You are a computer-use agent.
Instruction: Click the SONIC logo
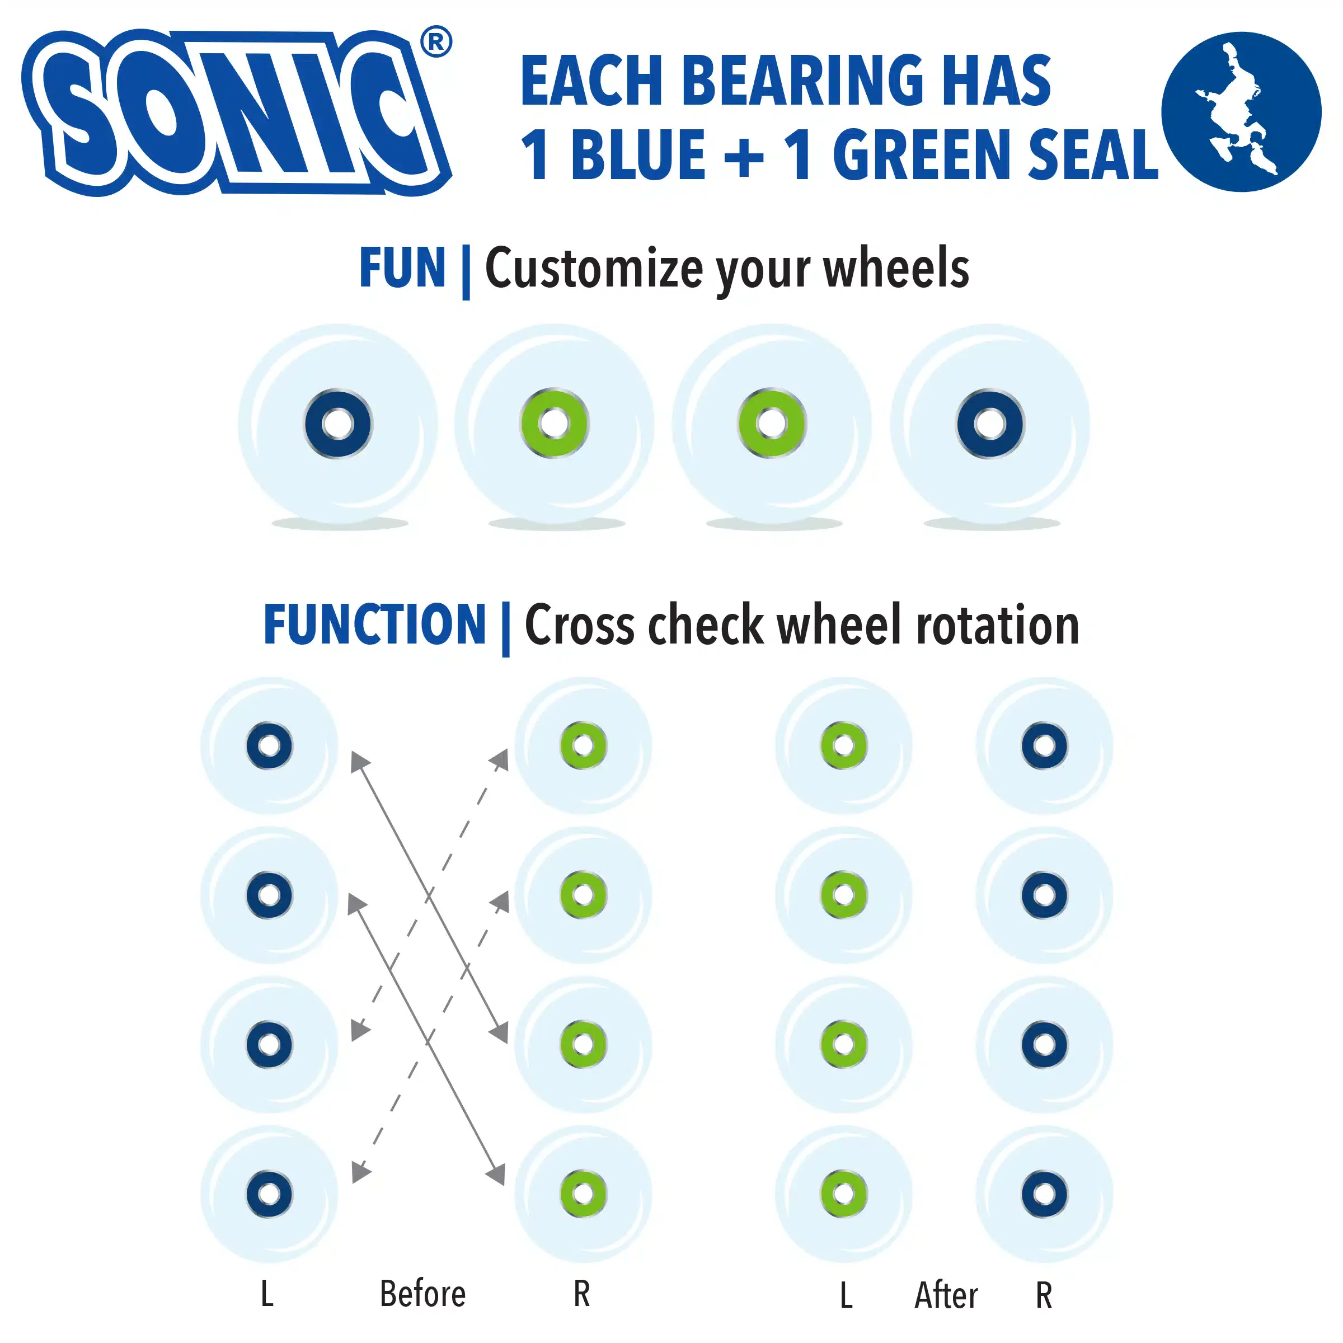tap(236, 112)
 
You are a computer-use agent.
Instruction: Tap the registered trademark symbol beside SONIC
tap(436, 42)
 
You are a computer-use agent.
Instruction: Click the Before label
tap(422, 1294)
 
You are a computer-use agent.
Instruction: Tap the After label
tap(946, 1295)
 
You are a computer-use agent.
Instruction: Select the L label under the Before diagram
tap(267, 1294)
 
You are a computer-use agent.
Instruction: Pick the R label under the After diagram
tap(1044, 1295)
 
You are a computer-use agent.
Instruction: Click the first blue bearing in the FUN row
tap(339, 424)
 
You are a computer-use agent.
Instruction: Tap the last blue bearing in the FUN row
tap(990, 424)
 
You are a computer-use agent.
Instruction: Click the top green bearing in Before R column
tap(583, 745)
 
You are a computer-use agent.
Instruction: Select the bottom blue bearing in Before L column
tap(269, 1194)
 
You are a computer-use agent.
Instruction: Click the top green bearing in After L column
tap(843, 745)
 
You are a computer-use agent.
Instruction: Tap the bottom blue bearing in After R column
tap(1044, 1194)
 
